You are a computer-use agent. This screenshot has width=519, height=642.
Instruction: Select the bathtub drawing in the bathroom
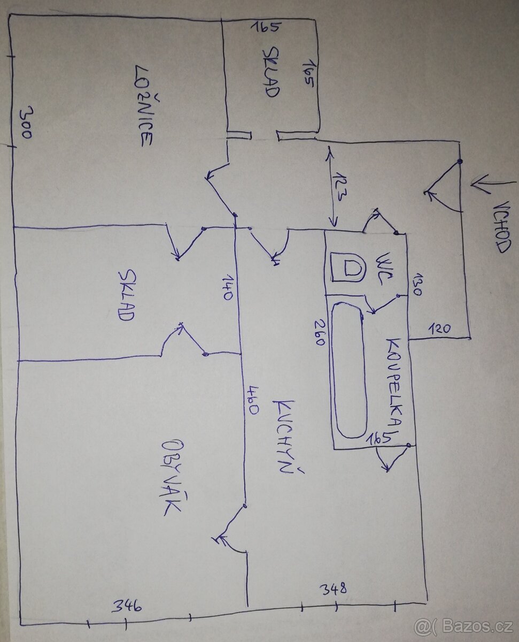coord(349,369)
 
